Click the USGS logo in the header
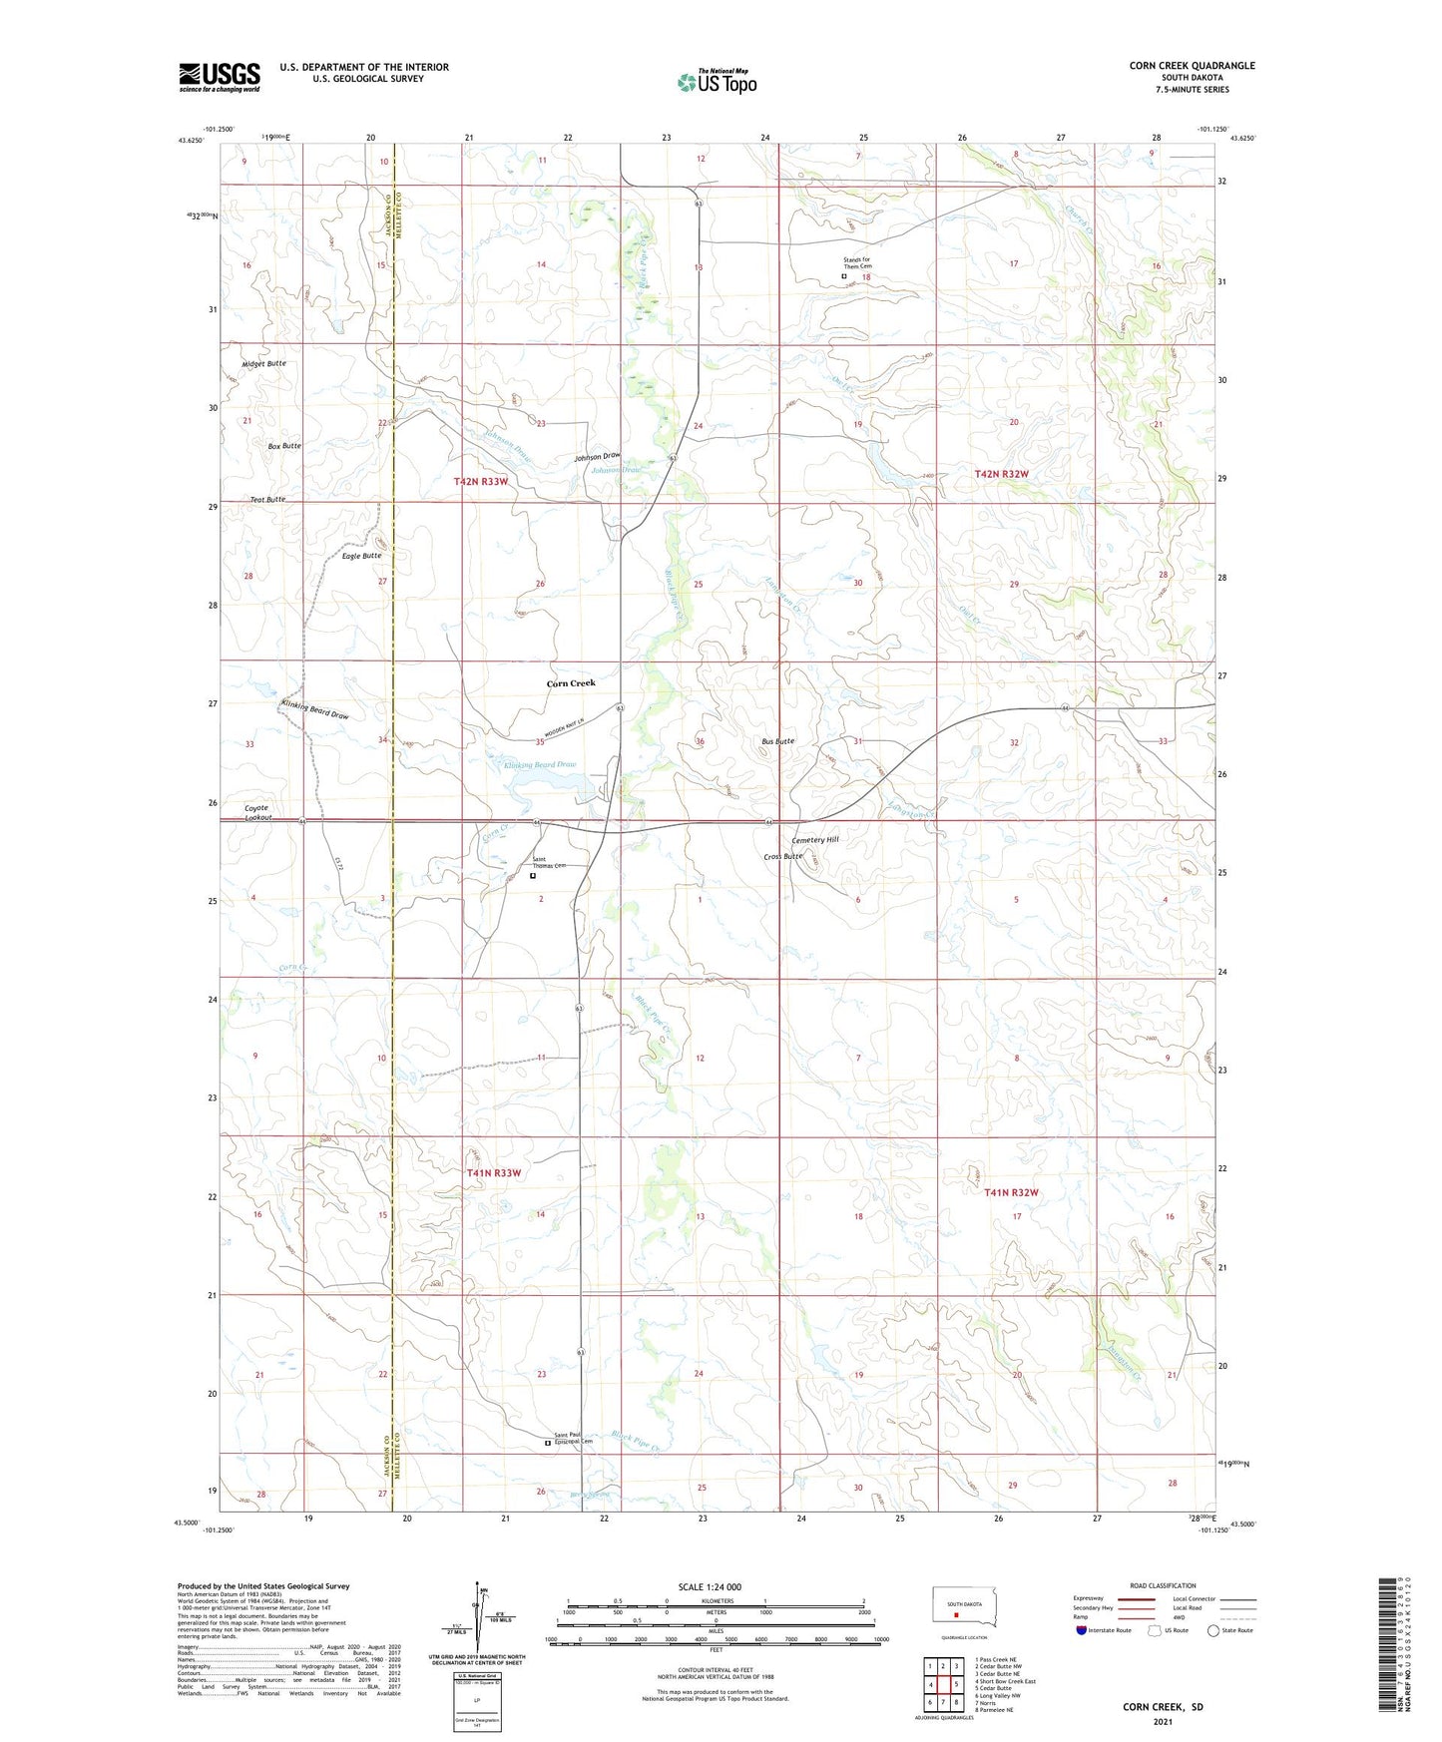tap(220, 77)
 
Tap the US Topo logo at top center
tap(716, 82)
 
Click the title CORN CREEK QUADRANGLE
tap(1192, 66)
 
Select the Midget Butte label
tap(263, 363)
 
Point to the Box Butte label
tap(284, 446)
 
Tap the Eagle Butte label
tap(361, 556)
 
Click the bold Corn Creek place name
tap(571, 683)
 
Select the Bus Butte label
tap(777, 741)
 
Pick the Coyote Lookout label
tap(257, 812)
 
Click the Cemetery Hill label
tap(814, 840)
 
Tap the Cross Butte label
tap(782, 856)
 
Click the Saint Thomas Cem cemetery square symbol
tap(533, 876)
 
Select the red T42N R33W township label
tap(481, 481)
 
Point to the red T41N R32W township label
tap(1011, 1192)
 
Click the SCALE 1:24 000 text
tap(710, 1586)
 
